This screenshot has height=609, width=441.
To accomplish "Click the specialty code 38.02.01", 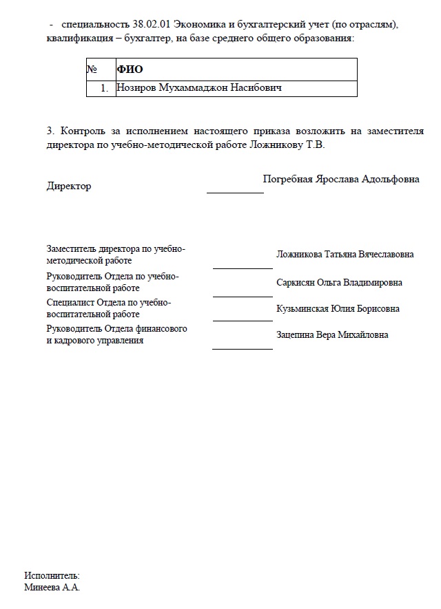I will [x=145, y=24].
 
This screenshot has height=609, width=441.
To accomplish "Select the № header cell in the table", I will [x=92, y=70].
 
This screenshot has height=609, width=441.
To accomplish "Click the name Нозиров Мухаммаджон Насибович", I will [x=200, y=88].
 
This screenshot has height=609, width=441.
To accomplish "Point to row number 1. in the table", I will [x=104, y=88].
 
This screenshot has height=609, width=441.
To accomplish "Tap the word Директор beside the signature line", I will [x=68, y=186].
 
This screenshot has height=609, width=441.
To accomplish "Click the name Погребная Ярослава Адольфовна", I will [x=341, y=179].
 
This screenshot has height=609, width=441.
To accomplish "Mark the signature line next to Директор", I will [x=235, y=193].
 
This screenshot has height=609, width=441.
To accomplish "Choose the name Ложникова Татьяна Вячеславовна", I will [x=345, y=255].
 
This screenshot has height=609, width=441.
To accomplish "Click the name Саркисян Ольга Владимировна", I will [x=339, y=283].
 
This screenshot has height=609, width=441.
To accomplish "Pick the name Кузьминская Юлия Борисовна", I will [x=338, y=309].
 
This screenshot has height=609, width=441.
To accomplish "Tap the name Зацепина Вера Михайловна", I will [x=332, y=335].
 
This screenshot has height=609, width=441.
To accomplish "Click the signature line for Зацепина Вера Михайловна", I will [x=243, y=349].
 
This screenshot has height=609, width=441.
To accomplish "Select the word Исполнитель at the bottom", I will [x=52, y=575].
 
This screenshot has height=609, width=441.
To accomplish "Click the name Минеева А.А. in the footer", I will [x=52, y=588].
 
